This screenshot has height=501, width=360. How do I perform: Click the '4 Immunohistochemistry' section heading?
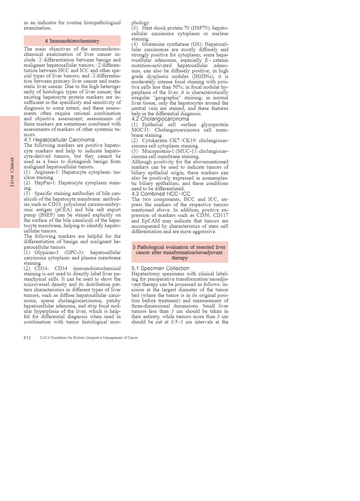pyautogui.click(x=72, y=41)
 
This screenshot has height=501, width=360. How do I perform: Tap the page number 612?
pyautogui.click(x=27, y=338)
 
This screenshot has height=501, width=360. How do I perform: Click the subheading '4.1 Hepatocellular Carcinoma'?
pyautogui.click(x=59, y=140)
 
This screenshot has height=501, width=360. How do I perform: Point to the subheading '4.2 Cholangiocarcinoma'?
pyautogui.click(x=160, y=119)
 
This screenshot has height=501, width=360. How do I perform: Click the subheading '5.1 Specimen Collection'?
pyautogui.click(x=160, y=268)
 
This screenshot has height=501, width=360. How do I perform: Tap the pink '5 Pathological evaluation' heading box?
pyautogui.click(x=180, y=252)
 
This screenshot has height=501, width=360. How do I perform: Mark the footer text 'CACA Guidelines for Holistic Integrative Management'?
pyautogui.click(x=89, y=338)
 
